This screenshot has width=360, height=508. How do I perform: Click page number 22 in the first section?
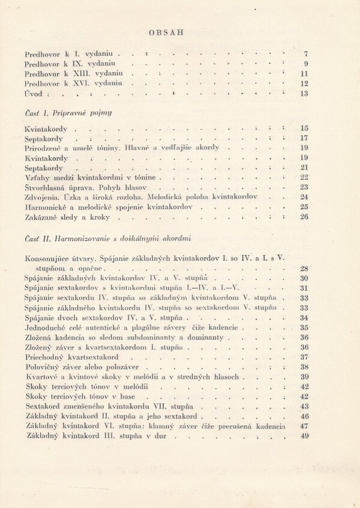303,178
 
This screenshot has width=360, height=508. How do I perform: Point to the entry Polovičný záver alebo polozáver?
83,367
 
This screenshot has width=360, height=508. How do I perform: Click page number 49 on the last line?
303,436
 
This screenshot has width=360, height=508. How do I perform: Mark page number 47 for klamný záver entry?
303,426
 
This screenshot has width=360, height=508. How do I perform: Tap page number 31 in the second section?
303,288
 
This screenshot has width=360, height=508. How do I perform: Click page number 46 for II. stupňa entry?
303,416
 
